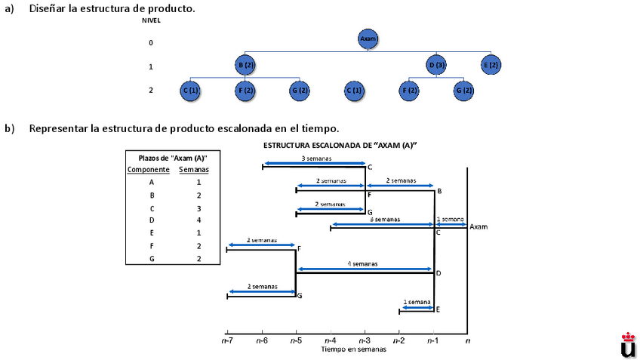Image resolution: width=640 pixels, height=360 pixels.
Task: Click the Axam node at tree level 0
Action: click(368, 38)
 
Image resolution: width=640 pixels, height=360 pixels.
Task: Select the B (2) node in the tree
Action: click(245, 65)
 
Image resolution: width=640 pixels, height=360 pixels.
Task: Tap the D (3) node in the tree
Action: click(436, 65)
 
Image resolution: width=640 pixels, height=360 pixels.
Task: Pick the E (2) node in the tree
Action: click(491, 65)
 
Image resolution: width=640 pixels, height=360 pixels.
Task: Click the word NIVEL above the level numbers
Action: click(151, 20)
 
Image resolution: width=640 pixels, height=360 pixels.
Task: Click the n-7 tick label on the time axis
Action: click(227, 341)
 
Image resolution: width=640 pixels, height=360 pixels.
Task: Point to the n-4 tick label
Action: click(331, 341)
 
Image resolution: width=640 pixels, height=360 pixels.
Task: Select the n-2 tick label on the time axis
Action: click(399, 341)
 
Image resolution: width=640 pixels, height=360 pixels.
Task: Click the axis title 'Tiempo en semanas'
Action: click(353, 349)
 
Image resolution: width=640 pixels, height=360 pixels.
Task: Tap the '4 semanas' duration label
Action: click(363, 264)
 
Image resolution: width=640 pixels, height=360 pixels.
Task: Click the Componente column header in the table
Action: click(148, 170)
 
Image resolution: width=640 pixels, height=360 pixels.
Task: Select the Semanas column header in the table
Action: click(194, 170)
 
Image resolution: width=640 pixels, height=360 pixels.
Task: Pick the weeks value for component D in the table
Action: click(198, 220)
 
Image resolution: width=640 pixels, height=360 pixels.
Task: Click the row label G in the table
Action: click(152, 259)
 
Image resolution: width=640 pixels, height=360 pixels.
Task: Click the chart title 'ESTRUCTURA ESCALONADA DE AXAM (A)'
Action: click(340, 144)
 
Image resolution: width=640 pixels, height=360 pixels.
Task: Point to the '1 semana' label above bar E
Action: click(417, 302)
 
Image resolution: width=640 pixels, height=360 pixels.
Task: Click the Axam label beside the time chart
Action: click(478, 226)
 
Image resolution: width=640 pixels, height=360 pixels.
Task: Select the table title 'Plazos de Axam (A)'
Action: click(173, 158)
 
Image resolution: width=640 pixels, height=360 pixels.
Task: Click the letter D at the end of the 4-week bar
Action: click(438, 273)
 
